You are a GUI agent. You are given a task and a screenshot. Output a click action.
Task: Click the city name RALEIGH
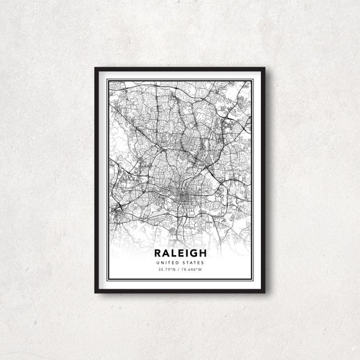point(180,253)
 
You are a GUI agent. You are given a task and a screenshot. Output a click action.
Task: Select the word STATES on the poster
point(194,263)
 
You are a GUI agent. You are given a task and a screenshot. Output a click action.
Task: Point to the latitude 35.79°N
point(167,270)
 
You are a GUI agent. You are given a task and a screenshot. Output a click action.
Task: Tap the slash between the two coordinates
point(177,270)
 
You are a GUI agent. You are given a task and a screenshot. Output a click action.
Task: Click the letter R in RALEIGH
point(156,253)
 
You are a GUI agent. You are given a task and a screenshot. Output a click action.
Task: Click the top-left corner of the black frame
point(96,68)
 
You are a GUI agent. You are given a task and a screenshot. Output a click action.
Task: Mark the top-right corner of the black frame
point(263,68)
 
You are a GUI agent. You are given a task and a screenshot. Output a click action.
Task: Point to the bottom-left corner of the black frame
point(96,292)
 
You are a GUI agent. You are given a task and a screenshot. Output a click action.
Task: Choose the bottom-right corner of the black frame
point(263,292)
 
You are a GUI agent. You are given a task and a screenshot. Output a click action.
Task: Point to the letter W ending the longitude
point(200,270)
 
